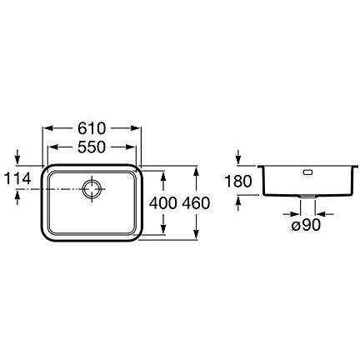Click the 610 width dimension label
(92, 128)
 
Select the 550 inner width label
(92, 147)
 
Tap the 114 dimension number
(17, 178)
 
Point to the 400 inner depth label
(163, 203)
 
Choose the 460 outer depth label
(196, 203)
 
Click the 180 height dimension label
(238, 181)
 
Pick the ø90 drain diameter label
(306, 225)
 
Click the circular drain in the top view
(92, 188)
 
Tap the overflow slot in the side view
(308, 172)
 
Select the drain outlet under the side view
(307, 197)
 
